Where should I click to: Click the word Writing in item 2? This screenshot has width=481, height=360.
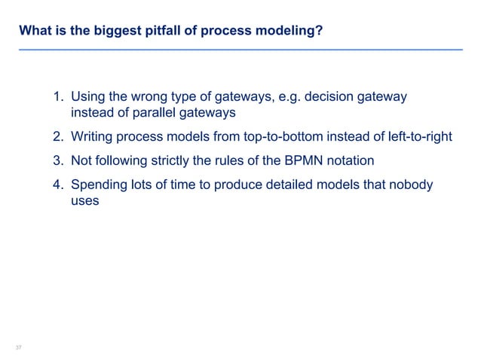coord(93,136)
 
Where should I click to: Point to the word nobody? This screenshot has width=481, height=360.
coord(412,183)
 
